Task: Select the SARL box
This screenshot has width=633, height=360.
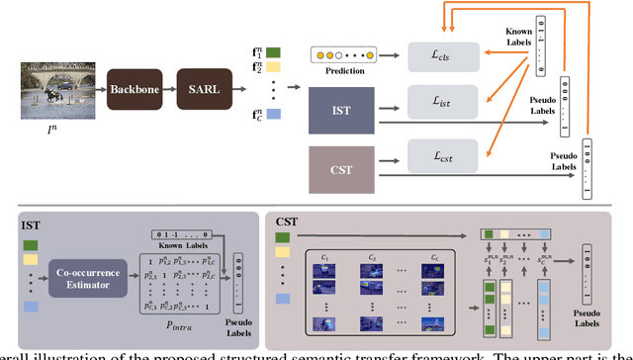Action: point(205,89)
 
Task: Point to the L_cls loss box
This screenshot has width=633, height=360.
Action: point(442,57)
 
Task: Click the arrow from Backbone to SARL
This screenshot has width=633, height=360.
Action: point(169,89)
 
